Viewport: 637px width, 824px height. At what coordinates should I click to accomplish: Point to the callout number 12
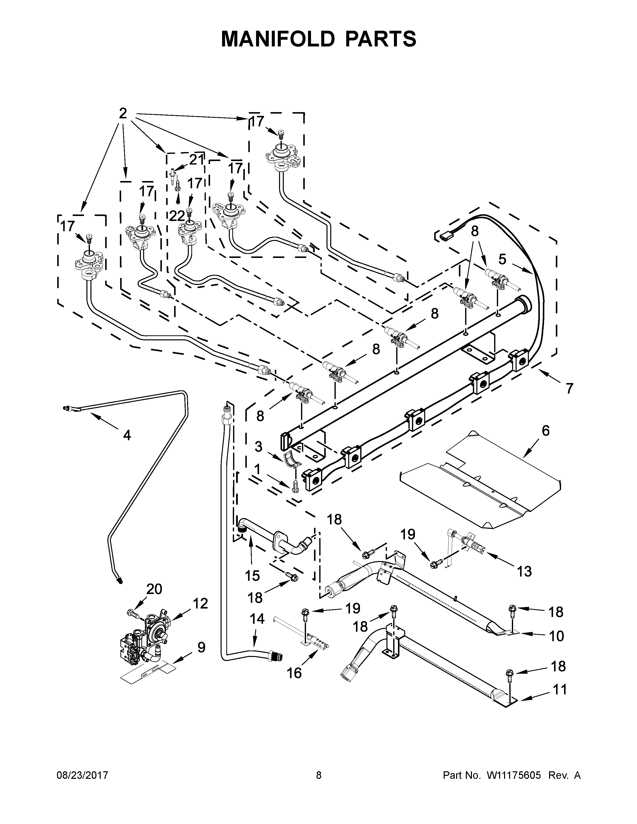coord(200,603)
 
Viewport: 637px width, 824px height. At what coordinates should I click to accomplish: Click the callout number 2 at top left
coord(123,113)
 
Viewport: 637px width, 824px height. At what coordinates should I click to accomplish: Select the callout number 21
coord(197,160)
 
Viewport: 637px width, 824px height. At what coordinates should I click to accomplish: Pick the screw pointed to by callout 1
coord(295,486)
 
